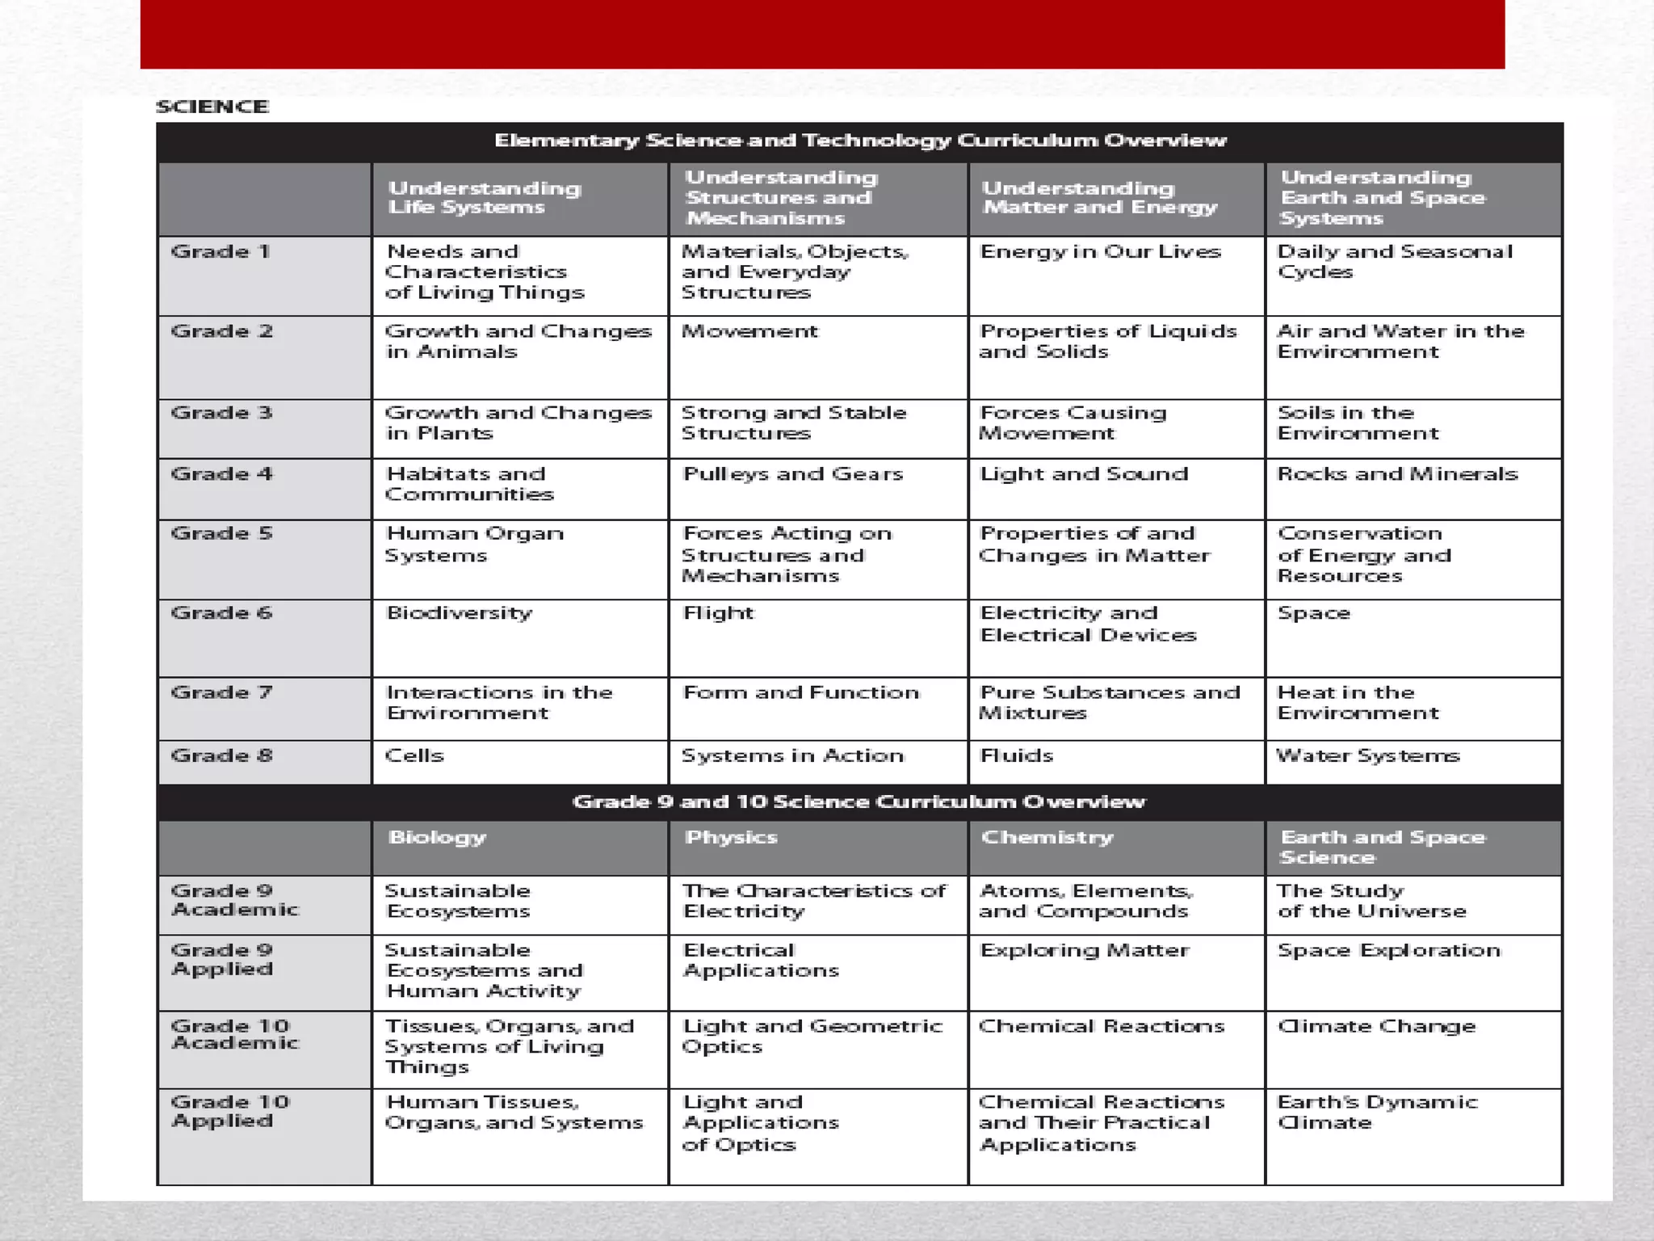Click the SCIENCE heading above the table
[212, 107]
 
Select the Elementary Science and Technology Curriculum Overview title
[860, 141]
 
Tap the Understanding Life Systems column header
[484, 198]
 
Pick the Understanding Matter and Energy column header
[1098, 198]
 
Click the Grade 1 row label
[220, 252]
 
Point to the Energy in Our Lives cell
[1099, 252]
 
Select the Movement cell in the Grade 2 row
[749, 331]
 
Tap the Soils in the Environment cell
[1358, 423]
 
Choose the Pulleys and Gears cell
[792, 474]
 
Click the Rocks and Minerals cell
[1397, 474]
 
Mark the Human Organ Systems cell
[474, 544]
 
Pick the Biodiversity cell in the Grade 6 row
[459, 613]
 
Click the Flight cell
[717, 613]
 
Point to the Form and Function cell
[800, 692]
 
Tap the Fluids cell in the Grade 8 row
[1016, 756]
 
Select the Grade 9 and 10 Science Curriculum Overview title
[858, 801]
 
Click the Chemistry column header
[1047, 838]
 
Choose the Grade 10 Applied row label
[230, 1111]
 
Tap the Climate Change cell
[1376, 1026]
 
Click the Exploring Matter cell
[1084, 950]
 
